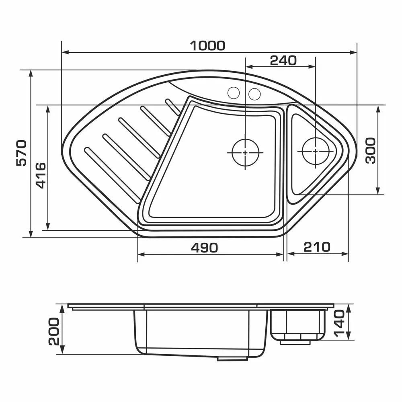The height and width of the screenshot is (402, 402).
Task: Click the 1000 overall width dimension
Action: [x=207, y=46]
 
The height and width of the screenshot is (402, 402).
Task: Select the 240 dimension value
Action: [x=283, y=61]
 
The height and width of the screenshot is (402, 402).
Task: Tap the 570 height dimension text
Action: [x=21, y=153]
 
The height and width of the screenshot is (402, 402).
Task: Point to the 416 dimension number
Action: [x=40, y=176]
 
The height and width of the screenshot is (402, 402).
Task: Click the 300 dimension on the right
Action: [x=370, y=151]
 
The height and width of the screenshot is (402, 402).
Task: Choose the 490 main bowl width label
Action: [x=204, y=248]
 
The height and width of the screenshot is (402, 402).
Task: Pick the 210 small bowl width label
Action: [x=317, y=247]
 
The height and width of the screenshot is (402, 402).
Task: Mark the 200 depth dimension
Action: [x=54, y=332]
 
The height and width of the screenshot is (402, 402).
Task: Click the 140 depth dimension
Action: [x=339, y=323]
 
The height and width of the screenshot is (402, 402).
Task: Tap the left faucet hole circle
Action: [x=234, y=93]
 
